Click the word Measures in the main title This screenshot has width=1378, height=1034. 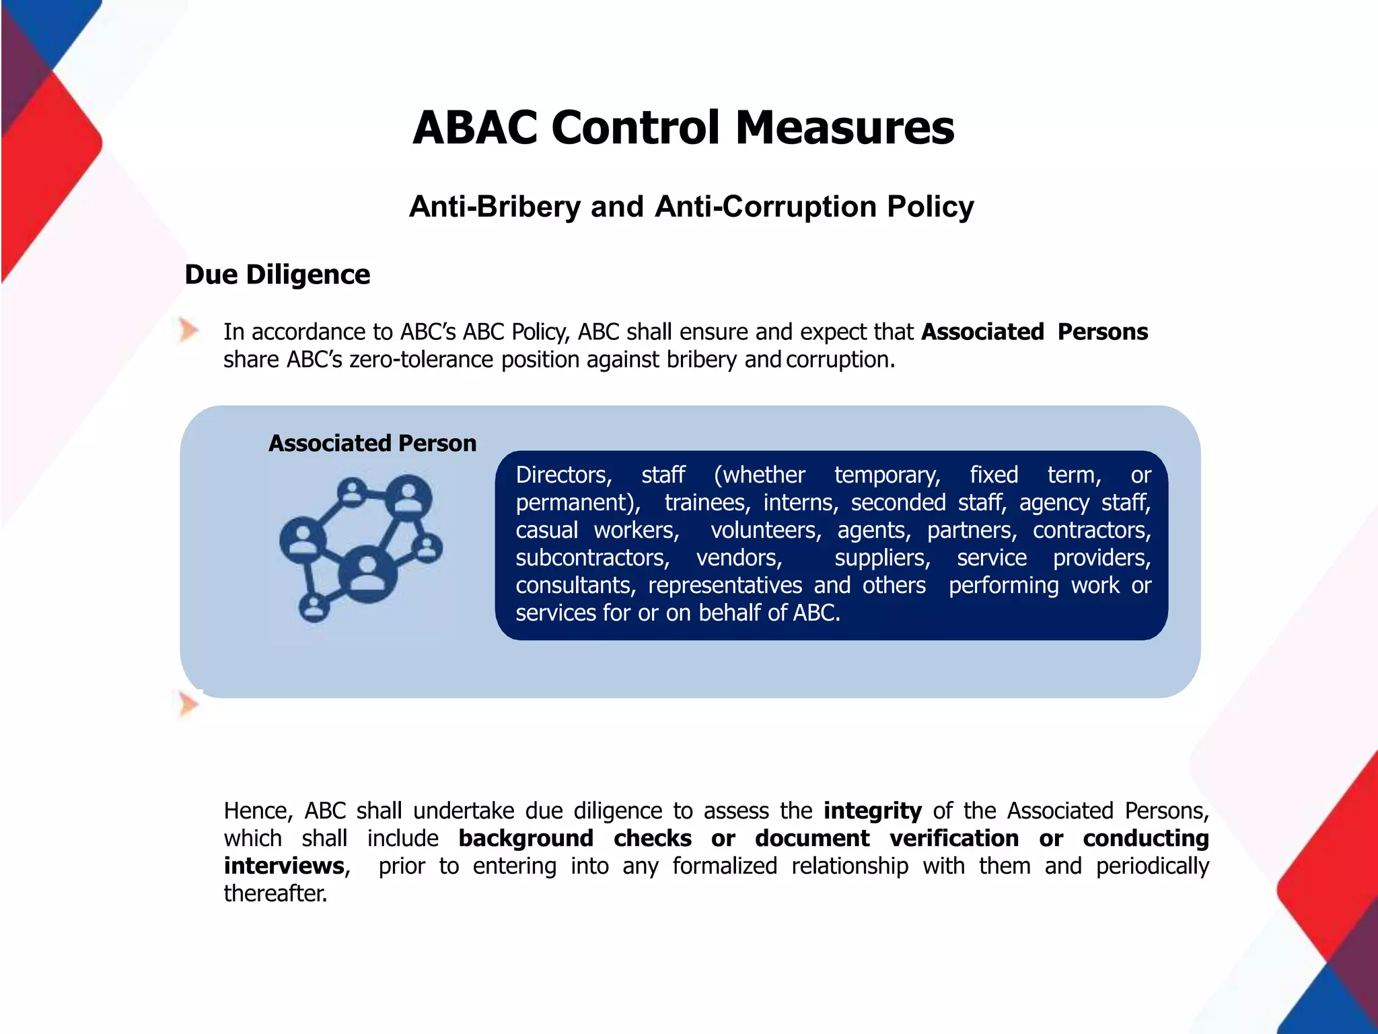844,128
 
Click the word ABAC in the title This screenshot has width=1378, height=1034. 475,128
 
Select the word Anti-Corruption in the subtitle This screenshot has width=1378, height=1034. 766,207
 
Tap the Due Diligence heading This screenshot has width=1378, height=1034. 277,275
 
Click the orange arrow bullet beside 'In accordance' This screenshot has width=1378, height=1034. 188,331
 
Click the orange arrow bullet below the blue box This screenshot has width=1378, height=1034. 188,705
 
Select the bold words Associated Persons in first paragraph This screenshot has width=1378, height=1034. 1034,332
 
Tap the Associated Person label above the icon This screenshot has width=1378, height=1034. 372,443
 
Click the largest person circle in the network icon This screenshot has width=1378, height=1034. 367,574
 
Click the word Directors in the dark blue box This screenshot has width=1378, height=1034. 563,475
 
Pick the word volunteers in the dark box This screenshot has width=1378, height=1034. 766,530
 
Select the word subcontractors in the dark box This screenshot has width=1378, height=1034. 592,558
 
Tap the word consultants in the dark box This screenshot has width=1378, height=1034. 575,586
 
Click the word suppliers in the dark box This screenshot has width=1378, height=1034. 882,558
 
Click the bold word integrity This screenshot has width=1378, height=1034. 872,811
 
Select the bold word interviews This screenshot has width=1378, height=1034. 284,866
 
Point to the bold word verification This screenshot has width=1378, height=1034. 954,838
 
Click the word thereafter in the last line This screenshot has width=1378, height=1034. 275,893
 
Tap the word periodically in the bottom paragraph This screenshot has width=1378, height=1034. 1152,866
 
